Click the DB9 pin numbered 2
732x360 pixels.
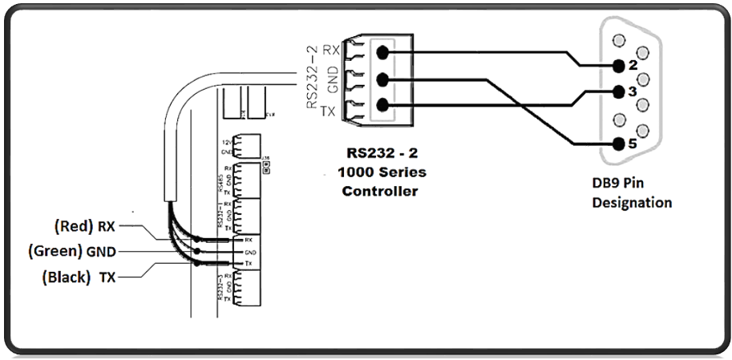[617, 65]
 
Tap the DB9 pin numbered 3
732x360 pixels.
[617, 91]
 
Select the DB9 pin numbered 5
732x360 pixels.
[617, 144]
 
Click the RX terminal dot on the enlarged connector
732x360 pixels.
[382, 53]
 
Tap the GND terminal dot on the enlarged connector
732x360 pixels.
[382, 79]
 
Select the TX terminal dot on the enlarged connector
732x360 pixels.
[382, 105]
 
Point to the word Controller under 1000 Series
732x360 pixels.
[381, 191]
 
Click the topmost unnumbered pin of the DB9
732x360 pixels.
[617, 39]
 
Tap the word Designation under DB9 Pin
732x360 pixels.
[632, 202]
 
